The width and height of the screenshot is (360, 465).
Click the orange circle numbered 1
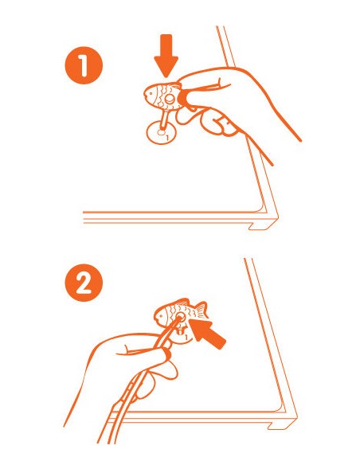coord(84,65)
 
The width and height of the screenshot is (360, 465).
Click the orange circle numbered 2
coord(84,283)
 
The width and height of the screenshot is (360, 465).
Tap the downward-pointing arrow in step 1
coord(166,57)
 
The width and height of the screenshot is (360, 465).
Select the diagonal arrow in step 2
coord(208,333)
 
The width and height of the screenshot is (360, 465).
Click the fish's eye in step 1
coord(151,93)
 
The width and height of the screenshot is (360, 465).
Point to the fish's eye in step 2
coord(161,316)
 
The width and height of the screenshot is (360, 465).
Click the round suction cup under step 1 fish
coord(162,132)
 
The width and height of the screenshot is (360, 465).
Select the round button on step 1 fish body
coord(170,99)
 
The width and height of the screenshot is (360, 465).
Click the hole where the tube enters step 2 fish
coord(180,318)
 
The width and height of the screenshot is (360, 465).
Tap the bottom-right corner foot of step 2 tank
coord(282,423)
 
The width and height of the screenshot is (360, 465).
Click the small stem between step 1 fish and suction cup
coord(164,119)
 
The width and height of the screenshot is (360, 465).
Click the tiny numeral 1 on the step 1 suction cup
coord(167,138)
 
